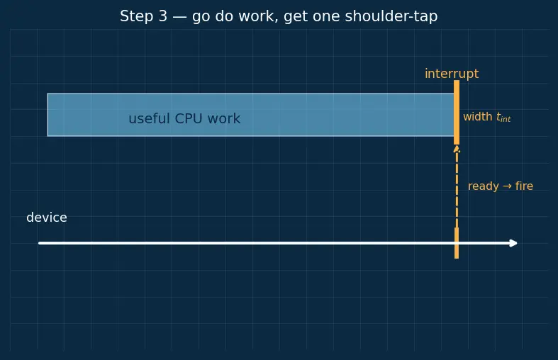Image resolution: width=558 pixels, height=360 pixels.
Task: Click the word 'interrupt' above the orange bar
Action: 452,74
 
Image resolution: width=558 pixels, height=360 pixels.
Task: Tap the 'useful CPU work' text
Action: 184,118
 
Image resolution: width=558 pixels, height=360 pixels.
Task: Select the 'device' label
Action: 47,218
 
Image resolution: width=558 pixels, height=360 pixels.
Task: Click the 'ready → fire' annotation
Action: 501,186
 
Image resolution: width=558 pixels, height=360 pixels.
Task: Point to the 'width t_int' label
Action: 487,117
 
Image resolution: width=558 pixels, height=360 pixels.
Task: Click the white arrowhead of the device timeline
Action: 513,243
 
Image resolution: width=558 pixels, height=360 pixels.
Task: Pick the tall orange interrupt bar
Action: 457,112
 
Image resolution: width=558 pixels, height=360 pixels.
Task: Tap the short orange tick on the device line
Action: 457,243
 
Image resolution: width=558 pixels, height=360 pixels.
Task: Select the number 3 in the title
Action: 163,16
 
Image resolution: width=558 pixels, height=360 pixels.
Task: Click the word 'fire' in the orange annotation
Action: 524,186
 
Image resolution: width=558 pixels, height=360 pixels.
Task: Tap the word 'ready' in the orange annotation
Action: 484,186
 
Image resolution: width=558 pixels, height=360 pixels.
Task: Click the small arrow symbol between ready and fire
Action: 507,186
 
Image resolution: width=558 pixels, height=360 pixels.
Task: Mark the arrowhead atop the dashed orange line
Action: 457,149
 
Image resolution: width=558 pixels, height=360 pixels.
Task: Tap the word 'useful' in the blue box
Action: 149,118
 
